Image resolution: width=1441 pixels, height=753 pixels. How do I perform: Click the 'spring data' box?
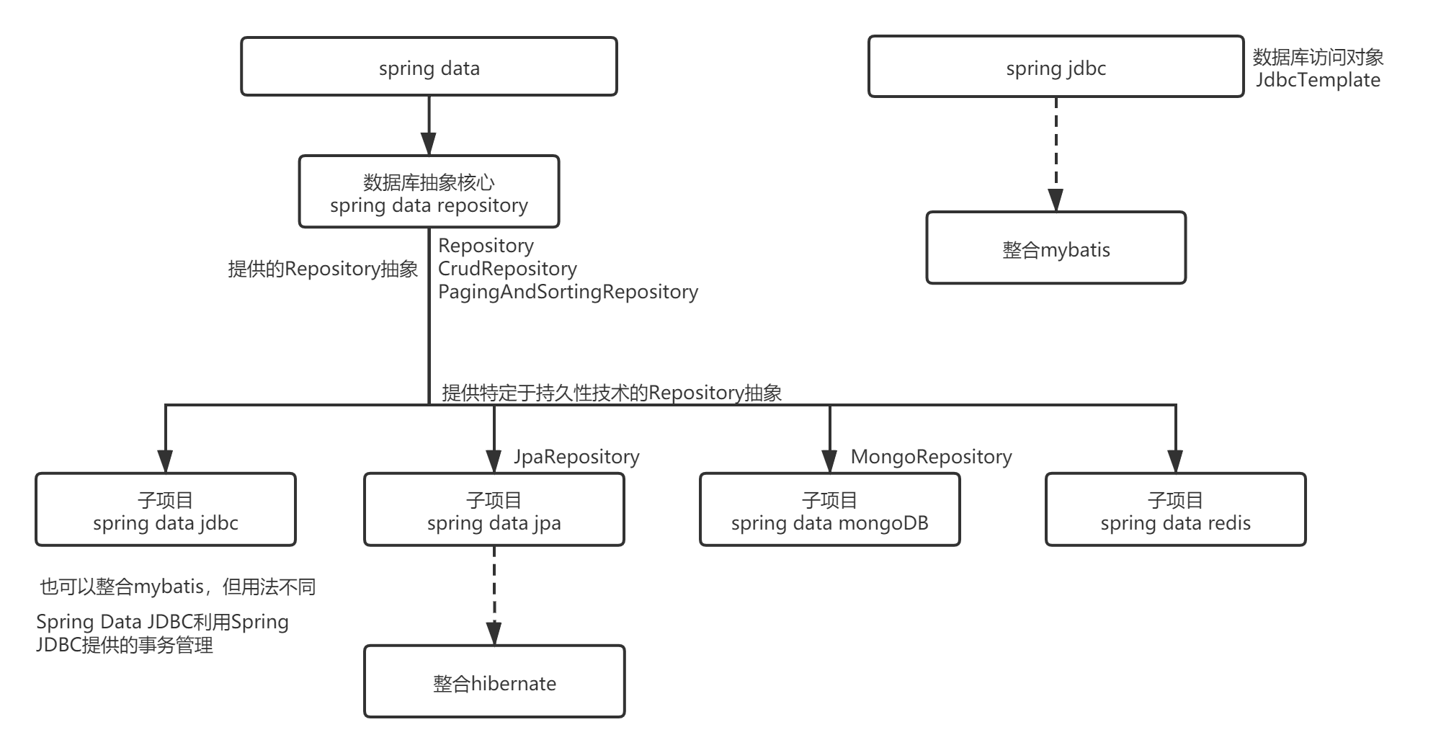(429, 67)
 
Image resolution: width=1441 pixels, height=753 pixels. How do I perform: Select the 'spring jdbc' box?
(1056, 67)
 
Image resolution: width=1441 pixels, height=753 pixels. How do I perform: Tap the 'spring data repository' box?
(429, 192)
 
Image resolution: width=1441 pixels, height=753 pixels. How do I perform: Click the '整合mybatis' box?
(1056, 249)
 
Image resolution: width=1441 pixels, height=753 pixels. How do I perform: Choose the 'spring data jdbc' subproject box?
(166, 509)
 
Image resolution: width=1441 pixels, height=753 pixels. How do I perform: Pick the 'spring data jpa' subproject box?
(494, 509)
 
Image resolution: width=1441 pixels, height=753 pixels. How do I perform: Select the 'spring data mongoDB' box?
(829, 509)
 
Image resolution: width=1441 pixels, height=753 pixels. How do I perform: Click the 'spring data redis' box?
(1175, 509)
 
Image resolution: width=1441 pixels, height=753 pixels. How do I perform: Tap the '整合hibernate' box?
(494, 682)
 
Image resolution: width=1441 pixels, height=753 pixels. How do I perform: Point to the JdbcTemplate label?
(1318, 80)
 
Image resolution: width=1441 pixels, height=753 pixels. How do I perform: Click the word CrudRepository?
(507, 269)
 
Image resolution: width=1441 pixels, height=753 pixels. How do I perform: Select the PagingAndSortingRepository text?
(568, 292)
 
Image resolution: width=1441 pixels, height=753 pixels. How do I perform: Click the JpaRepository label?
(576, 457)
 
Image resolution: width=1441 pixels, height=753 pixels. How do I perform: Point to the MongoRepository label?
(931, 457)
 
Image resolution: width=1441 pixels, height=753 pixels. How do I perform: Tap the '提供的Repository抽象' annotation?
(323, 269)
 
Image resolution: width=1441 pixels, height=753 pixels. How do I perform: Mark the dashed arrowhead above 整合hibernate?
(494, 633)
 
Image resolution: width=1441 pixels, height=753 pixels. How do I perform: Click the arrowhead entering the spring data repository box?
(429, 144)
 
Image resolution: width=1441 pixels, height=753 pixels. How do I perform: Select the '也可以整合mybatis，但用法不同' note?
(177, 587)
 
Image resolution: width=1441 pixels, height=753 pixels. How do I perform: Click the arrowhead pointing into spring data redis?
(1175, 461)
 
